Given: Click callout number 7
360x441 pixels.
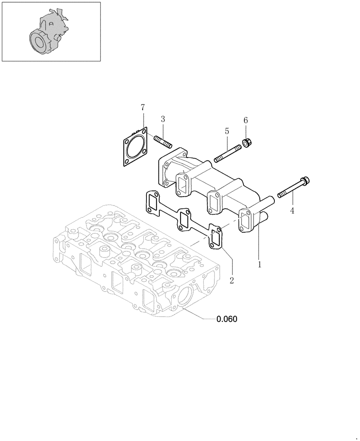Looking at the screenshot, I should coord(142,107).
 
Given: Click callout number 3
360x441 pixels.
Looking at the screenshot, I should coord(163,119).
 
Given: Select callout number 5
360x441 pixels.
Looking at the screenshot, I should coord(227,131).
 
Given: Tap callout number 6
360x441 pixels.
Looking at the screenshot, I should coord(246,120).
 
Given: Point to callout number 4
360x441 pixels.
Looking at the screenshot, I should coord(292,211).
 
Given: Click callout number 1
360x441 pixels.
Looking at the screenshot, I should coord(260,265).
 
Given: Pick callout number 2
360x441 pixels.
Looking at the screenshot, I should coord(231,280).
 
